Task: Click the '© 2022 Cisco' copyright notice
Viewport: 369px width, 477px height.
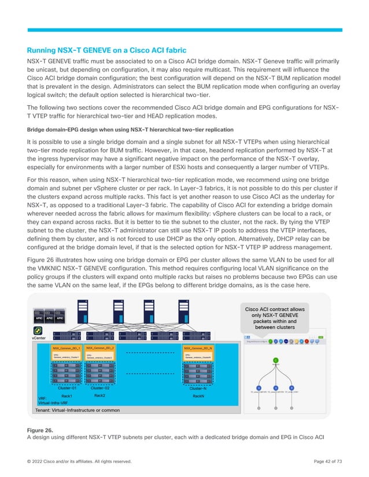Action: (x=79, y=461)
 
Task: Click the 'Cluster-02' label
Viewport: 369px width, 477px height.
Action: (x=101, y=389)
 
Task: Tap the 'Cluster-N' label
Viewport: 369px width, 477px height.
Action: (x=198, y=389)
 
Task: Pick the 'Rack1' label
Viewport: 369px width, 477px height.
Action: (x=67, y=396)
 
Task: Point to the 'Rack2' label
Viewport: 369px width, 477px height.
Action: (x=100, y=396)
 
